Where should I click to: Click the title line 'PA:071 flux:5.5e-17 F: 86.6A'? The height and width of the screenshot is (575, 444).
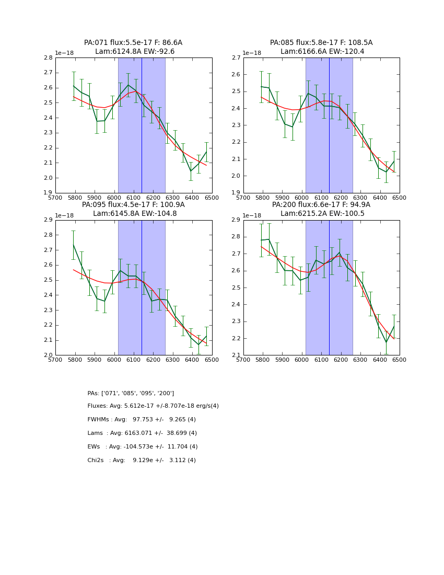[x=133, y=43]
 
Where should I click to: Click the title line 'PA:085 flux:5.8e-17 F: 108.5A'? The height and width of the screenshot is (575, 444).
[x=321, y=43]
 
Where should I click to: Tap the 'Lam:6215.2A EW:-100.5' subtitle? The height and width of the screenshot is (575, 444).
[x=322, y=214]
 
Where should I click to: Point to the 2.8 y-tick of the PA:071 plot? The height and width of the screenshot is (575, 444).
[x=48, y=58]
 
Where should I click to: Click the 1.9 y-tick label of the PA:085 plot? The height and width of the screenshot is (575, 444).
[x=236, y=193]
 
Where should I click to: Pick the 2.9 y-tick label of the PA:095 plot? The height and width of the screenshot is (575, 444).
[x=48, y=220]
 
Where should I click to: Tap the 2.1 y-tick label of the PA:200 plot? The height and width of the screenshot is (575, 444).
[x=236, y=355]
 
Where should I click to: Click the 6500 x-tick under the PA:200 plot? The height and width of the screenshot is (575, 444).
[x=399, y=359]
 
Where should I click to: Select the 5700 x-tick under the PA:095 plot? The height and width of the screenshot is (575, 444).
[x=55, y=359]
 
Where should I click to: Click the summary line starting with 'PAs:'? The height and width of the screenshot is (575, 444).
[x=131, y=393]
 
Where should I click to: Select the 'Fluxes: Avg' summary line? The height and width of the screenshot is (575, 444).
[x=153, y=406]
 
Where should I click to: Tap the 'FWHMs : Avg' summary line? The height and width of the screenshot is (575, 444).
[x=142, y=420]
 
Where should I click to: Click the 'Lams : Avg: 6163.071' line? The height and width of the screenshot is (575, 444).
[x=142, y=433]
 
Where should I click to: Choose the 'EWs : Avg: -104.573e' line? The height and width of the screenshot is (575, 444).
[x=143, y=447]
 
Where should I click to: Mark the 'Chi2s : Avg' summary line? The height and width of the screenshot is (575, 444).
[x=142, y=461]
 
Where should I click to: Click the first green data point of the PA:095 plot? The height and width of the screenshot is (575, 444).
[x=74, y=245]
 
